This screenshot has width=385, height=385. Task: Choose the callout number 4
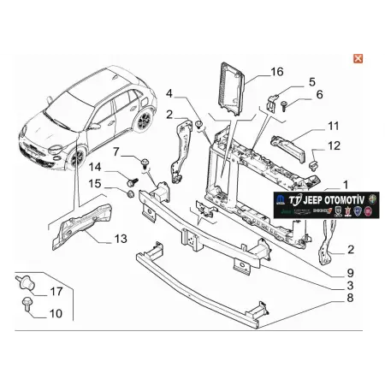(169, 93)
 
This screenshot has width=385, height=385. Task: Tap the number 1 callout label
(346, 184)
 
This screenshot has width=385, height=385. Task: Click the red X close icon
(357, 56)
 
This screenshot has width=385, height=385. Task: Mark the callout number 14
(95, 167)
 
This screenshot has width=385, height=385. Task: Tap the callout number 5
(311, 82)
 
